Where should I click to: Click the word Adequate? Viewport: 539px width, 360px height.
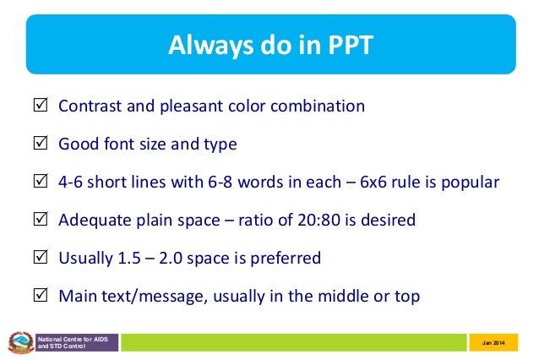pyautogui.click(x=94, y=221)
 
